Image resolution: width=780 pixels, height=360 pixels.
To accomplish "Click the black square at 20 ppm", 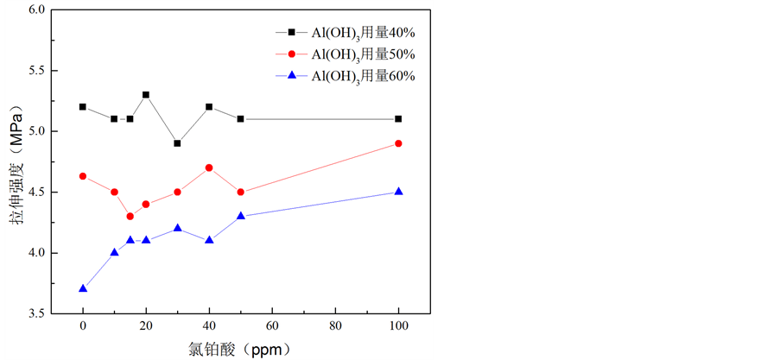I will click(146, 95).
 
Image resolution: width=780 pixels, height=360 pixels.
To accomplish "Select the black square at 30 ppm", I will click(177, 143).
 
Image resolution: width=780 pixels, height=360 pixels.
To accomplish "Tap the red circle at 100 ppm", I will click(398, 143).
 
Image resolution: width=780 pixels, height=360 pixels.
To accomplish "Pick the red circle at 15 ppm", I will click(130, 216).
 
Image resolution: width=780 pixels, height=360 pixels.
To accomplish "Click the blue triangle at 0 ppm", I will click(83, 288).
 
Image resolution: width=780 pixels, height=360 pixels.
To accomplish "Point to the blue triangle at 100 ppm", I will click(398, 192).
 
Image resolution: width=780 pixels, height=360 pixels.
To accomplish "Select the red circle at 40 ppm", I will click(209, 167).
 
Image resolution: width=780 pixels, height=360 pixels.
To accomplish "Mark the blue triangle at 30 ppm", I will click(177, 228).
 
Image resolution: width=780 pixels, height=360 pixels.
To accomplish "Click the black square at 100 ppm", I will click(398, 119).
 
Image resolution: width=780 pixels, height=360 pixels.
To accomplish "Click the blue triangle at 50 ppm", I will click(240, 216).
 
